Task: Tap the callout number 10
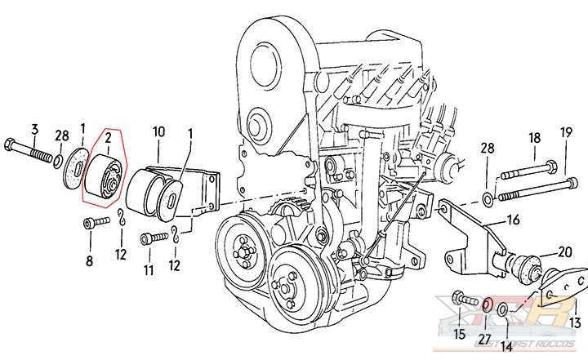[158, 131]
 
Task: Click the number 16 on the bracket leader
[512, 220]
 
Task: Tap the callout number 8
[89, 262]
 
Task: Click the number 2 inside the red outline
[106, 147]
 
